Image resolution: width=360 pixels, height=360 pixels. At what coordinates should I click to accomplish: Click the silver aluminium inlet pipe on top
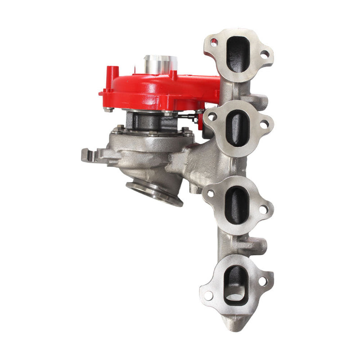tap(160, 63)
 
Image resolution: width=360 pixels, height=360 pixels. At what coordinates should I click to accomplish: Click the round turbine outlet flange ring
tap(154, 193)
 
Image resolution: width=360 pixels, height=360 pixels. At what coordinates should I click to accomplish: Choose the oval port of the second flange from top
tap(237, 128)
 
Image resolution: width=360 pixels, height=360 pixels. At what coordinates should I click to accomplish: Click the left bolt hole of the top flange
tap(214, 42)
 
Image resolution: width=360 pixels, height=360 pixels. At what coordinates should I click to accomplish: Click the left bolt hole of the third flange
tap(210, 194)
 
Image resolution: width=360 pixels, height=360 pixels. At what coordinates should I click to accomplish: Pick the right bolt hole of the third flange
tap(263, 209)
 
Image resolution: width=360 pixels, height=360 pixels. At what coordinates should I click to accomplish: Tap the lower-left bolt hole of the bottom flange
tap(209, 296)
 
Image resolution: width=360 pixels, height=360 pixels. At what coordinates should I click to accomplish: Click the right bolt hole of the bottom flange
tap(263, 281)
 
